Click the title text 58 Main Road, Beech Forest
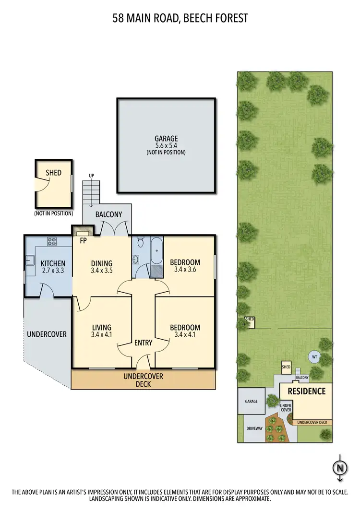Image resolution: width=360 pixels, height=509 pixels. (180, 19)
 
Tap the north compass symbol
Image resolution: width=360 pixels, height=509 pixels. (340, 467)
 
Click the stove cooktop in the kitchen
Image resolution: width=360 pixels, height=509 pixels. (52, 241)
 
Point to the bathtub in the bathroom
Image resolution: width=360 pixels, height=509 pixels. (156, 251)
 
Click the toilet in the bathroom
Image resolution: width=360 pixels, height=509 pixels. (140, 243)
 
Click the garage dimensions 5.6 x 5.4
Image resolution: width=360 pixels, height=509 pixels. (166, 145)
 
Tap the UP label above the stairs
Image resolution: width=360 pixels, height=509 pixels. (91, 176)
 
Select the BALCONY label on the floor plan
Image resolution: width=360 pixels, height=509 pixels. (108, 215)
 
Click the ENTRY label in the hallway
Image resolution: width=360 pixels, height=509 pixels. (143, 343)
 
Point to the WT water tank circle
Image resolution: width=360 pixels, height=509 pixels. (314, 357)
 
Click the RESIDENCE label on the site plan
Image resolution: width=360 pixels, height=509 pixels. (306, 391)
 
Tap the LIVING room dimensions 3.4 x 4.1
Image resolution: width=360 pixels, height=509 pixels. (102, 335)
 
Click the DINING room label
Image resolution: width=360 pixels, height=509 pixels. (102, 263)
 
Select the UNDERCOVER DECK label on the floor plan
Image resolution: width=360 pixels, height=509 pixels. (143, 380)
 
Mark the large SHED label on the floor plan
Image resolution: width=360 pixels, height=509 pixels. (53, 172)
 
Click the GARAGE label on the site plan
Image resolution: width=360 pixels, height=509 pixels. (251, 401)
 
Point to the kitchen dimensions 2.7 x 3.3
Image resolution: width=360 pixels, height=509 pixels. (53, 271)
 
